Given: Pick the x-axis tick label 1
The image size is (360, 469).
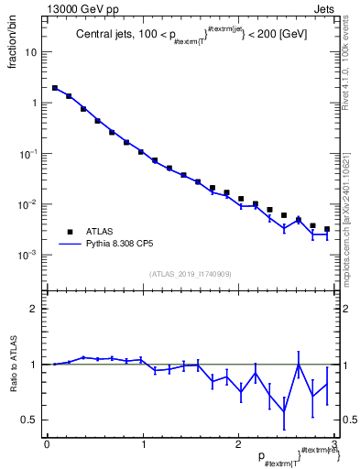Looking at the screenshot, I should tap(142, 444).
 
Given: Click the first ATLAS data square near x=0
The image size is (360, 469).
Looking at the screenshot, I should tap(55, 89).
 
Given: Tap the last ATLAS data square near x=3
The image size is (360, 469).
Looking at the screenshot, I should tap(327, 229).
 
